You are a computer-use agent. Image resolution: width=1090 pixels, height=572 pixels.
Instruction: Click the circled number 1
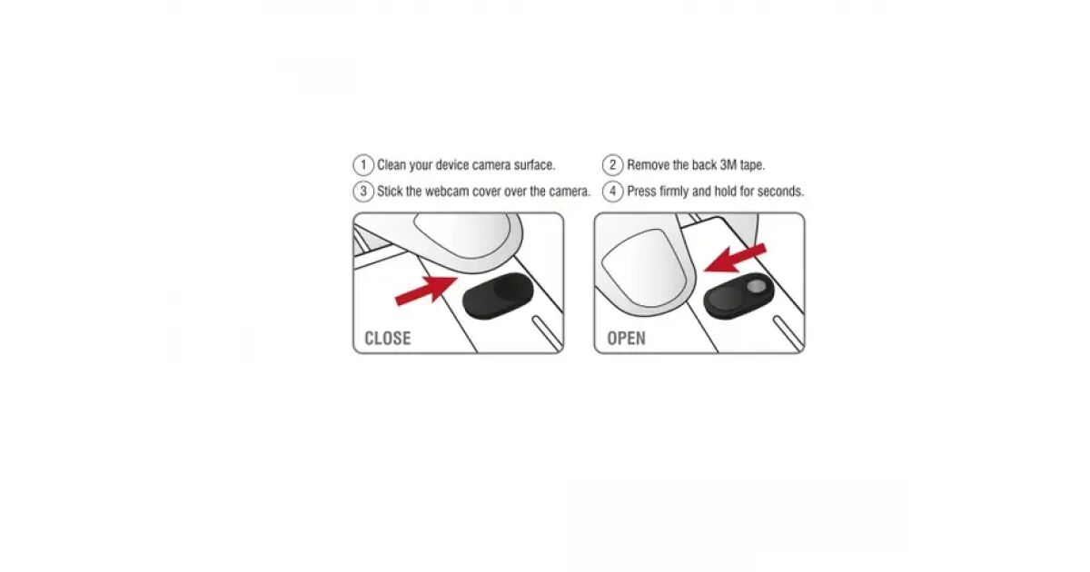coord(363,165)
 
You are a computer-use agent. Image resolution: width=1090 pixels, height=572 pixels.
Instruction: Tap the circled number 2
coord(612,165)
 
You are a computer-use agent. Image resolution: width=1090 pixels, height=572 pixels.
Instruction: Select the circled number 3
coord(363,192)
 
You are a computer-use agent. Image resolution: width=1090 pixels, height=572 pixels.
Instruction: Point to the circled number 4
coord(612,192)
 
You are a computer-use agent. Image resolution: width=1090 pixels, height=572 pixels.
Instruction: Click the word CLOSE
coord(387,338)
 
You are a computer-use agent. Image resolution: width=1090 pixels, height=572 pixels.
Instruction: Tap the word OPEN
coord(626,338)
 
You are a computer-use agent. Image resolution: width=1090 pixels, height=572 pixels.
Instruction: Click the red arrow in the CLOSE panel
coord(426,291)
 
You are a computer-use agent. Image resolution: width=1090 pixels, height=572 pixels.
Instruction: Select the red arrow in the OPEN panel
coord(735,258)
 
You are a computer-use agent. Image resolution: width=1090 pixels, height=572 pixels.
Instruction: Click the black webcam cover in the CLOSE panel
coord(498,296)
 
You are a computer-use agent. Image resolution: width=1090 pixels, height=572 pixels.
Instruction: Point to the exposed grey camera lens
coord(756,287)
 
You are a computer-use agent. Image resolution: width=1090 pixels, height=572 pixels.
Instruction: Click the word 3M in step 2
coord(728,165)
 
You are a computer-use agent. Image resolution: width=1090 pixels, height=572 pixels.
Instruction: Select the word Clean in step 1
coord(391,165)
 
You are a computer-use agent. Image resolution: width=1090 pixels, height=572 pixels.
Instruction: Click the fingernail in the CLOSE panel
coord(462,237)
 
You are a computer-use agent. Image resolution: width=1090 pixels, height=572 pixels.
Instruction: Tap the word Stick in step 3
coord(390,192)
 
